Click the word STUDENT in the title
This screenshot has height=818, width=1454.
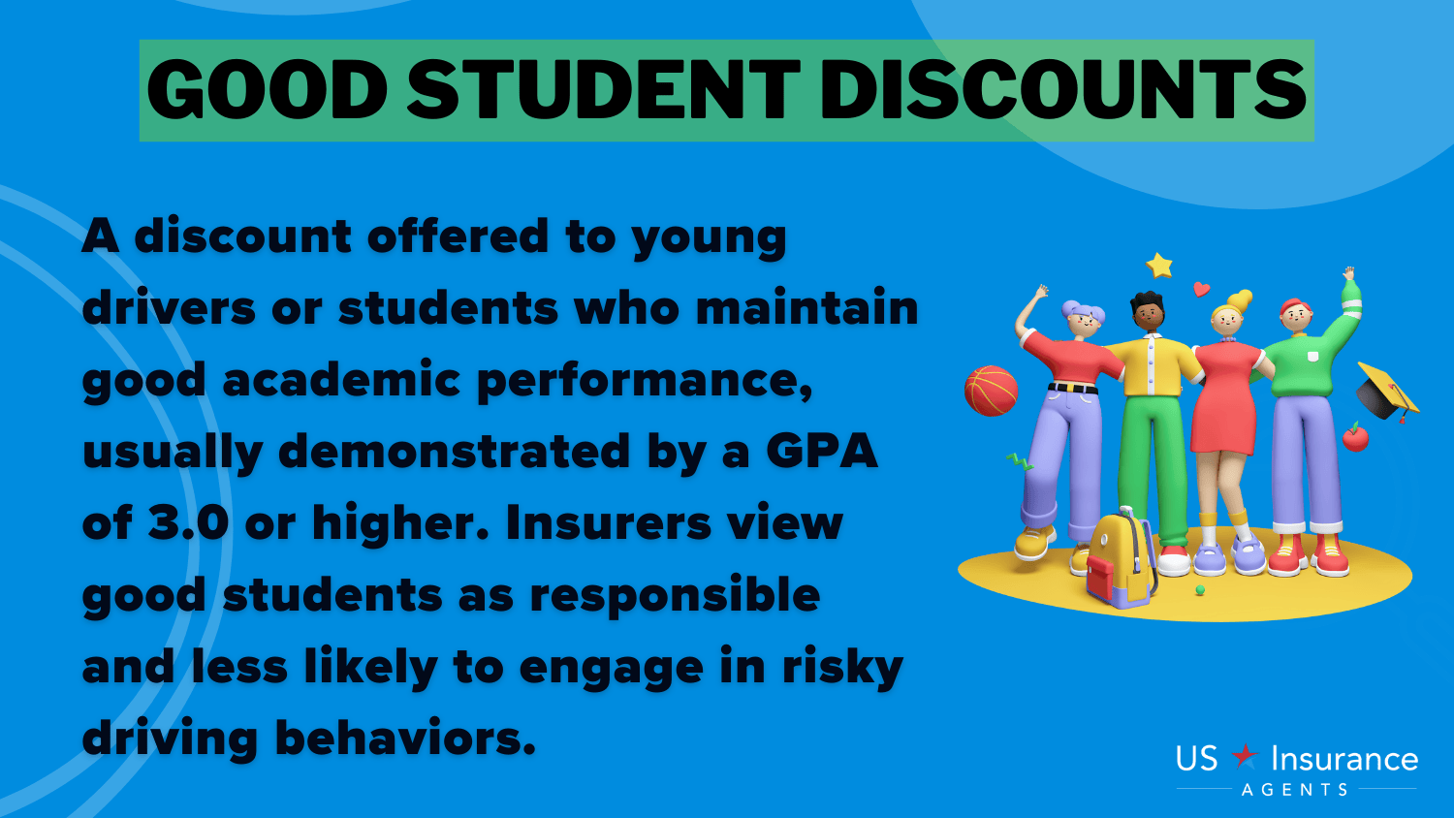(x=604, y=90)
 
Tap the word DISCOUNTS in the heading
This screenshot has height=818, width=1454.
(x=1062, y=90)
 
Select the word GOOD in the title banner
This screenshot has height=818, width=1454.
(x=268, y=90)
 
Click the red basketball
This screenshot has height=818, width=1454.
(x=991, y=391)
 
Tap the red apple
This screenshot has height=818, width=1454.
(x=1355, y=437)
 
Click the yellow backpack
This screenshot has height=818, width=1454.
(x=1119, y=559)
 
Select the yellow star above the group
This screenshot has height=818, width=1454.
(x=1158, y=265)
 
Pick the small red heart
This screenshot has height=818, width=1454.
(x=1202, y=289)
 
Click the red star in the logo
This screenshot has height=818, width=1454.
(x=1245, y=756)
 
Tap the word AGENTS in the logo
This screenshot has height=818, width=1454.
(x=1295, y=790)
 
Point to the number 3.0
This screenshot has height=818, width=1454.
(x=188, y=522)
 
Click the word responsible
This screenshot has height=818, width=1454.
(x=675, y=596)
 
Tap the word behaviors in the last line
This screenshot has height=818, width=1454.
(x=406, y=738)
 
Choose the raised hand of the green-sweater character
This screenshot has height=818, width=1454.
(x=1349, y=274)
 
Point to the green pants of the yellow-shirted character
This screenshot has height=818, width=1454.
(x=1154, y=467)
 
